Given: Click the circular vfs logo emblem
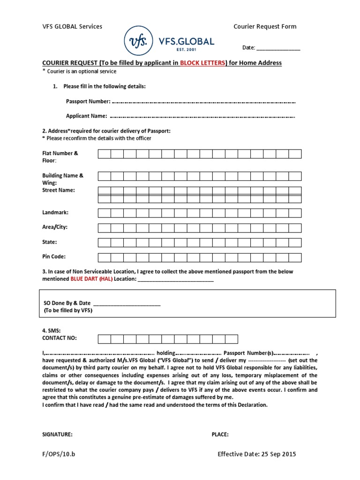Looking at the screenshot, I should (138, 41).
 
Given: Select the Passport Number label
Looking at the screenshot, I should (88, 101).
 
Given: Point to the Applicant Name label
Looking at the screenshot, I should (86, 116).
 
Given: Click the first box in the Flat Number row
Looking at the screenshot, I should (104, 154).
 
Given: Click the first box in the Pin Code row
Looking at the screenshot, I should (104, 257).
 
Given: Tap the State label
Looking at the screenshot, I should (50, 242).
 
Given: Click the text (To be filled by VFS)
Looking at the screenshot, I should (68, 311).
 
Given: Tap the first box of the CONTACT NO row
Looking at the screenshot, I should (104, 338).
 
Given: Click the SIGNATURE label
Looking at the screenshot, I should (57, 435).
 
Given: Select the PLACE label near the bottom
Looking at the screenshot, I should (220, 435).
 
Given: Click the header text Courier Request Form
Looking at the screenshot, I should (265, 27).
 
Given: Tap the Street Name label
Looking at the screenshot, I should (59, 190).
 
